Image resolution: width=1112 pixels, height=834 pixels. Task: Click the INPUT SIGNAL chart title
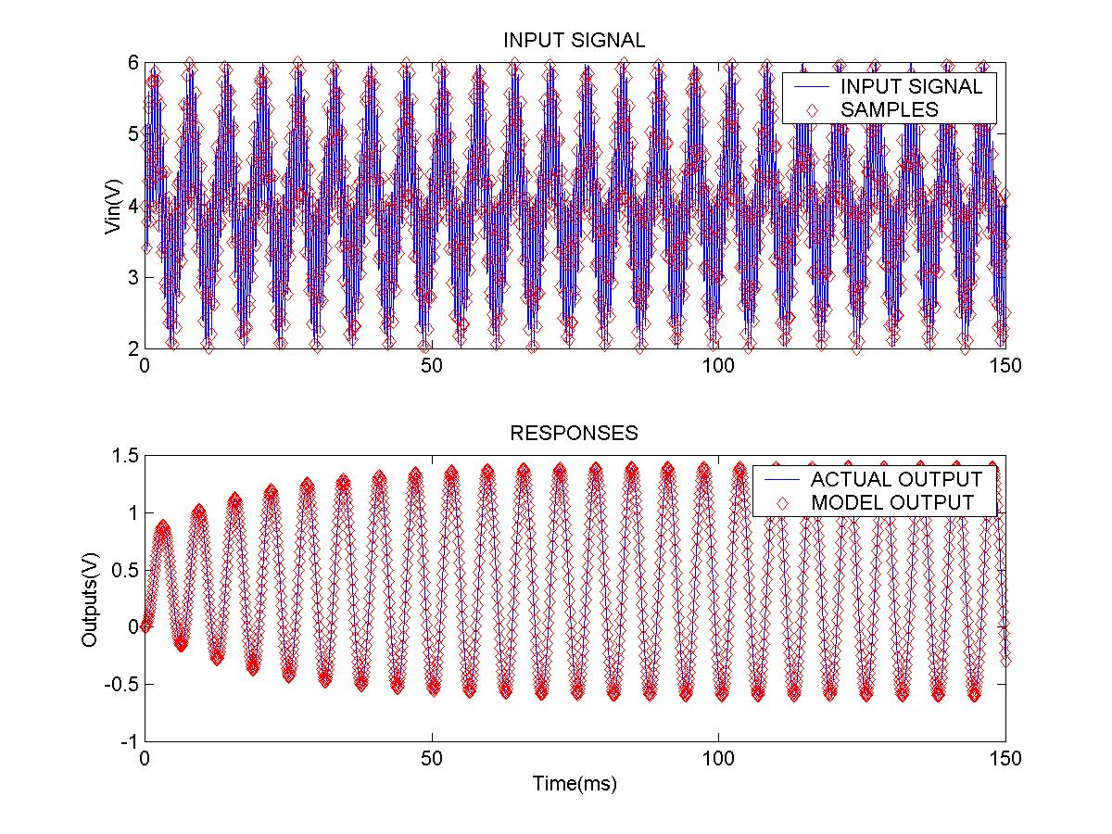pos(574,41)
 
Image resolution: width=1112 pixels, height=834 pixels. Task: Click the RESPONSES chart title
pos(575,433)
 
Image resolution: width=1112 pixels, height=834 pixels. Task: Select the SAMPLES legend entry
pos(890,109)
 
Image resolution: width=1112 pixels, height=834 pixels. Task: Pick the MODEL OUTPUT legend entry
pos(892,503)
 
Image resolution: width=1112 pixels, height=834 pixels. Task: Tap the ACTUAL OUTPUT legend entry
pos(895,480)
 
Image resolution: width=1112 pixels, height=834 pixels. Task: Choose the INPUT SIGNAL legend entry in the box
pos(911,86)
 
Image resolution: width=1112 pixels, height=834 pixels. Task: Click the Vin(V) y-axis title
pos(113,206)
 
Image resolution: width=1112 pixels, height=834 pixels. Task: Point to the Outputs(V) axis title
pos(91,599)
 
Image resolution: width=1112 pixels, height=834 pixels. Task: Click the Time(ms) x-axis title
pos(575,784)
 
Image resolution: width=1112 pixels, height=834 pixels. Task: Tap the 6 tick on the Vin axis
pos(133,62)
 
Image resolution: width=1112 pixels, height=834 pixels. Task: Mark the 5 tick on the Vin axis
pos(133,134)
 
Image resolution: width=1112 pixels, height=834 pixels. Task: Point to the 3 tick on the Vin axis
pos(133,277)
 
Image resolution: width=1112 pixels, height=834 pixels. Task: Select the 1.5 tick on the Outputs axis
pos(126,456)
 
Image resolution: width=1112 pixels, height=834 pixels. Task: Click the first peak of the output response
pos(163,527)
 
